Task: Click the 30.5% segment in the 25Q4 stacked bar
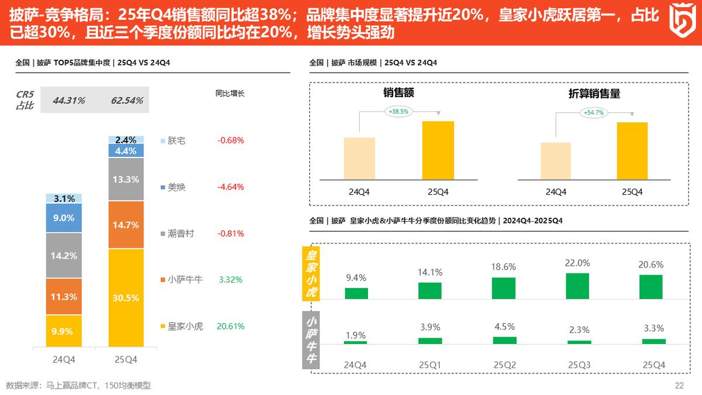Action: [x=126, y=297]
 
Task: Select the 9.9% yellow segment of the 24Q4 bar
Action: [x=64, y=331]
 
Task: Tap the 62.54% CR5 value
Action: [x=127, y=101]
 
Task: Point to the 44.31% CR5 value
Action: [x=68, y=101]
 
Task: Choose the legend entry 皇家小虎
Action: [x=185, y=326]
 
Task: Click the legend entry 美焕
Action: [x=176, y=187]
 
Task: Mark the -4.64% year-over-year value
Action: [x=230, y=187]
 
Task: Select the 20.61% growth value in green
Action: [x=230, y=326]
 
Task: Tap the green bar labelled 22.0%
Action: [x=578, y=286]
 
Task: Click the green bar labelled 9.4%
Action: [x=356, y=293]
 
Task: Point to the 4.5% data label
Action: [x=504, y=327]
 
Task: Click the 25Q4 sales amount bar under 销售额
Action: [x=438, y=150]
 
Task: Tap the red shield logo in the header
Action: [x=681, y=21]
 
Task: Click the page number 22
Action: [x=679, y=385]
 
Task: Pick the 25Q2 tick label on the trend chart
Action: [x=504, y=365]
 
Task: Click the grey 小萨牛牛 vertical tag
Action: [x=311, y=339]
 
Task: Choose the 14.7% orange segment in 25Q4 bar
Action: [x=126, y=225]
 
